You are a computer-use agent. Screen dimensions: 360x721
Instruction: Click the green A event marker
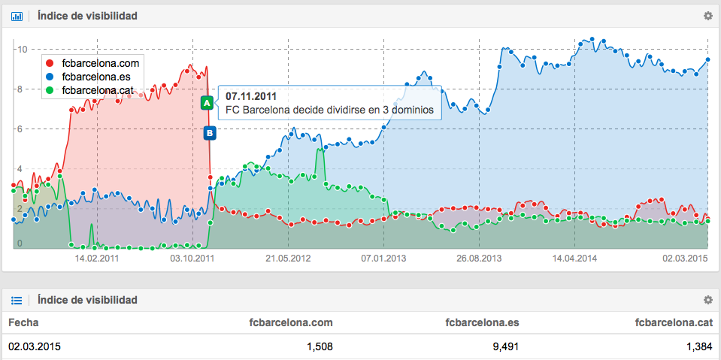[x=207, y=103]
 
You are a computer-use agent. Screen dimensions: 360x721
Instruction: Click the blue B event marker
[x=210, y=133]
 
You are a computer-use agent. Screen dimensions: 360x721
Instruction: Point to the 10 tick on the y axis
[x=23, y=50]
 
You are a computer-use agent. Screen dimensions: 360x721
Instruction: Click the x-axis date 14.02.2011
[x=96, y=258]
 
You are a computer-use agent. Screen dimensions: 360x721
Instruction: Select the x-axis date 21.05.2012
[x=288, y=258]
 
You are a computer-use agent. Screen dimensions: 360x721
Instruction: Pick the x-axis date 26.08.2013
[x=479, y=258]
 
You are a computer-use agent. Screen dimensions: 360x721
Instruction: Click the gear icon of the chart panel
[x=707, y=15]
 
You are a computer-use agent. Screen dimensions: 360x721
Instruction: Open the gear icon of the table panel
[x=707, y=300]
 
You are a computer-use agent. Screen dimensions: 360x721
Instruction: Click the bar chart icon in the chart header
[x=17, y=15]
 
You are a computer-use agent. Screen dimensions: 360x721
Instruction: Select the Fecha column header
[x=23, y=322]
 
